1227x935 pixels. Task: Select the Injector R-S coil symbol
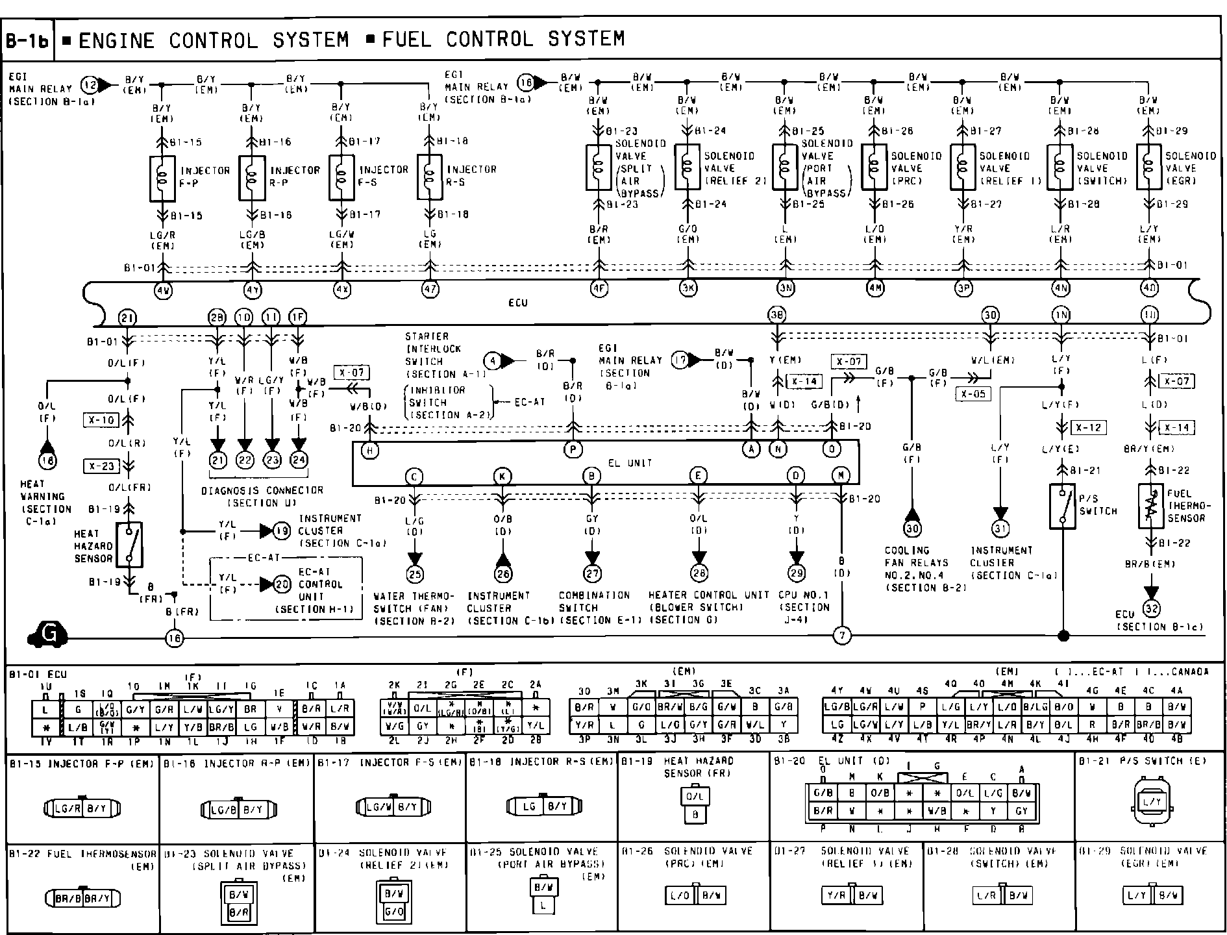tap(429, 177)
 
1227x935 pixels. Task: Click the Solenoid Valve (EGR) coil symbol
tap(1149, 167)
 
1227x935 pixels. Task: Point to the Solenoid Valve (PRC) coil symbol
tap(874, 167)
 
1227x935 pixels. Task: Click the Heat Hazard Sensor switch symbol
tap(130, 544)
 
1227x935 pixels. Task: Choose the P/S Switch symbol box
tap(1062, 506)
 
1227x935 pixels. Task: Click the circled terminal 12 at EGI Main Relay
tap(89, 84)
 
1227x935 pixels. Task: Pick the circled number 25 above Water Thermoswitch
tap(414, 573)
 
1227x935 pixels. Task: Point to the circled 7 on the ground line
tap(841, 636)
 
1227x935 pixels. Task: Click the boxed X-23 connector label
tap(101, 466)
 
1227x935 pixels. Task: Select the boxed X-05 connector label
tap(973, 393)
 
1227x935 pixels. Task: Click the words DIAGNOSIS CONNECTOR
tap(262, 491)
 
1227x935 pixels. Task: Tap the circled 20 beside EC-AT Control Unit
tap(282, 584)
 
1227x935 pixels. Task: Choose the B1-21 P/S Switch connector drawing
tap(1152, 802)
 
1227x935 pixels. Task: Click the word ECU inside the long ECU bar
tap(517, 303)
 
